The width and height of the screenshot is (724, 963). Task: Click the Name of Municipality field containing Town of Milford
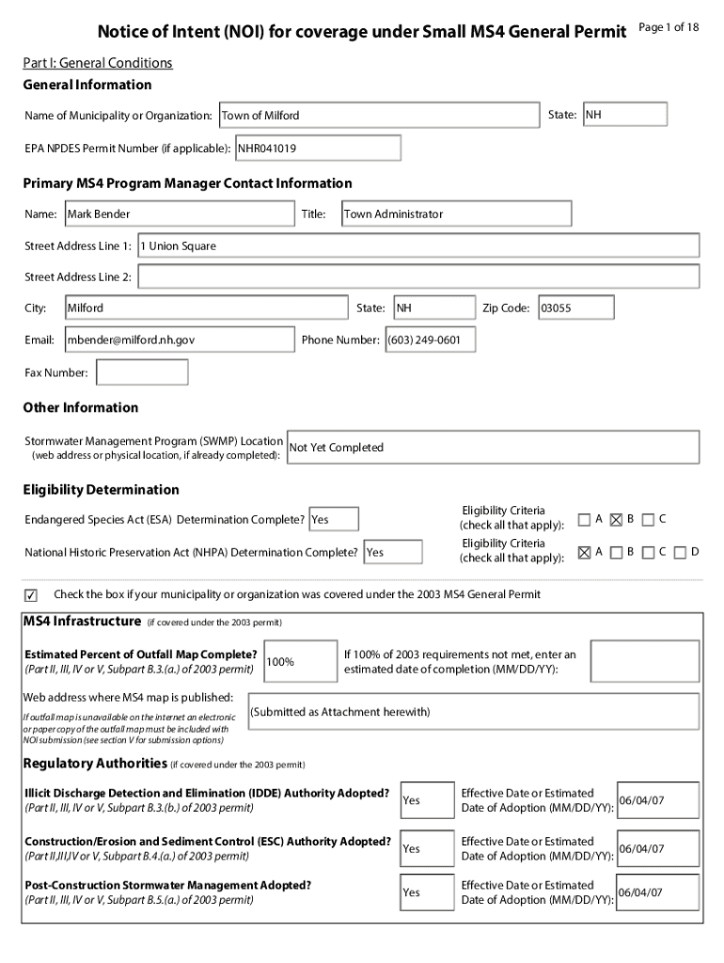pos(379,115)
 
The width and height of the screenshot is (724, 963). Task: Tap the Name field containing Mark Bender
pos(179,214)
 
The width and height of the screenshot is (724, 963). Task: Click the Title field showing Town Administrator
pos(455,214)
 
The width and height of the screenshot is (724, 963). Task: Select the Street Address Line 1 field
pos(418,245)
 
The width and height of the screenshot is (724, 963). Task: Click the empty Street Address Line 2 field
pos(418,276)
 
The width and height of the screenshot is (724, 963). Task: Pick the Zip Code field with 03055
pos(575,308)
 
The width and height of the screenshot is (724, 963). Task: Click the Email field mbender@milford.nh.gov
pos(179,339)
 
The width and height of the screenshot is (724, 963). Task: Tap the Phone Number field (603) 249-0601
pos(430,339)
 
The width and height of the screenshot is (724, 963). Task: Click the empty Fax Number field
pos(142,372)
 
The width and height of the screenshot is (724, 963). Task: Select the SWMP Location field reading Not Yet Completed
pos(493,448)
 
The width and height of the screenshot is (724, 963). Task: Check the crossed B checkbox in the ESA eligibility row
pos(617,519)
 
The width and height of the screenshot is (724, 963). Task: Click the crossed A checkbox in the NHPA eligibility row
pos(585,551)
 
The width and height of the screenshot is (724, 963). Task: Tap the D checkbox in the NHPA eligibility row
pos(680,551)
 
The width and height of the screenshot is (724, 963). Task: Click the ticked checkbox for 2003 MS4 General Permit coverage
pos(31,594)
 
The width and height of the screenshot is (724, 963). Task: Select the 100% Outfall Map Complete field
pos(301,661)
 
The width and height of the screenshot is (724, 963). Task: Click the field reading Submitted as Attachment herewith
pos(473,712)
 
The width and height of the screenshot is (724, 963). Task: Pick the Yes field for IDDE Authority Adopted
pos(427,800)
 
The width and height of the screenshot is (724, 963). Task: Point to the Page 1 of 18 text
pos(669,27)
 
